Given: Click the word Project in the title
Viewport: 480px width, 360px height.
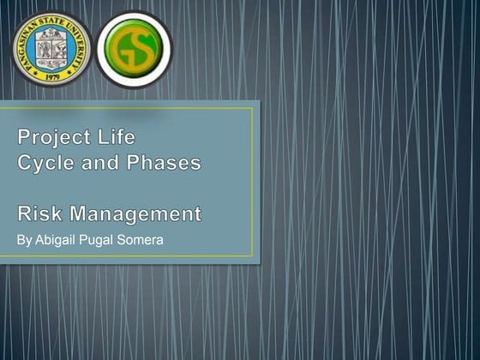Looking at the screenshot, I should pyautogui.click(x=52, y=137).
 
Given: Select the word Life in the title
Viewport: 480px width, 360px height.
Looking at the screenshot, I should pyautogui.click(x=114, y=137).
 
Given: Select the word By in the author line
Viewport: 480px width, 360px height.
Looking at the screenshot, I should pyautogui.click(x=24, y=239).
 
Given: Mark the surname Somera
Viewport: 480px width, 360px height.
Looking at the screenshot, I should pyautogui.click(x=142, y=239).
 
